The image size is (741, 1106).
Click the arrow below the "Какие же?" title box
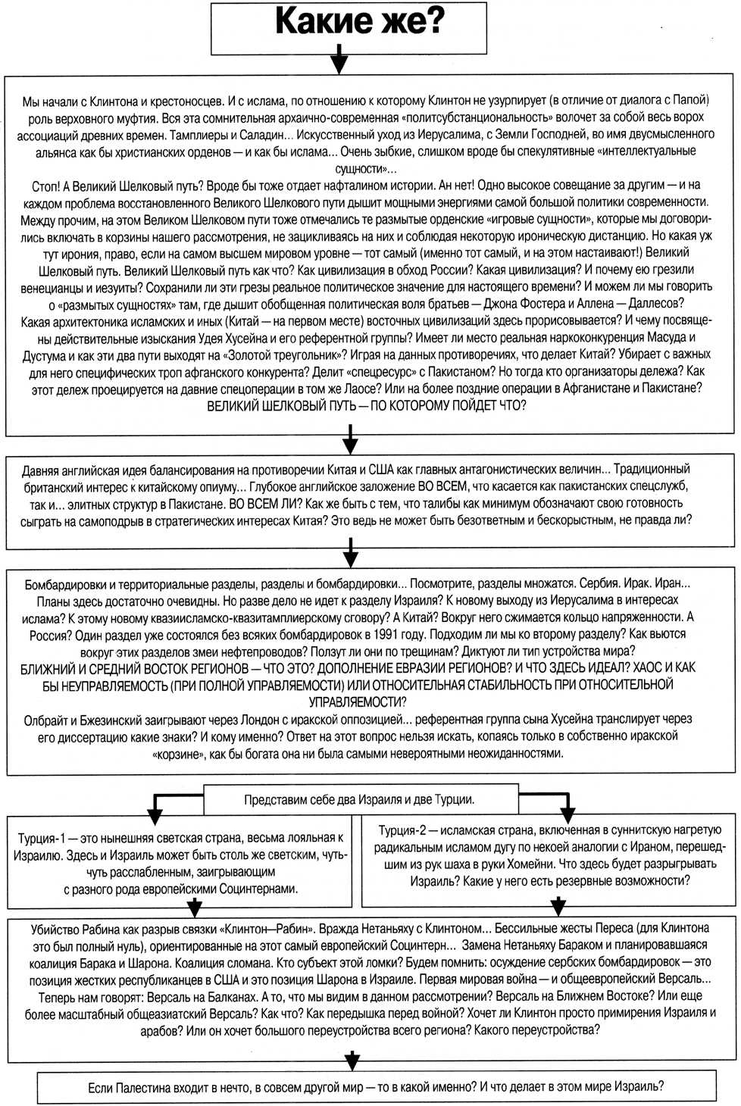point(340,60)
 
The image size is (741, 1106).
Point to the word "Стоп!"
point(45,186)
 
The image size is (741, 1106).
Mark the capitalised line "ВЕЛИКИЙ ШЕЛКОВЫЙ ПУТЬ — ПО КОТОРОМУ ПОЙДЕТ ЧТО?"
point(367,406)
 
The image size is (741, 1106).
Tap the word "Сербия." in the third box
point(599,584)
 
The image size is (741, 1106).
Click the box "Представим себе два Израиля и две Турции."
point(360,800)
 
